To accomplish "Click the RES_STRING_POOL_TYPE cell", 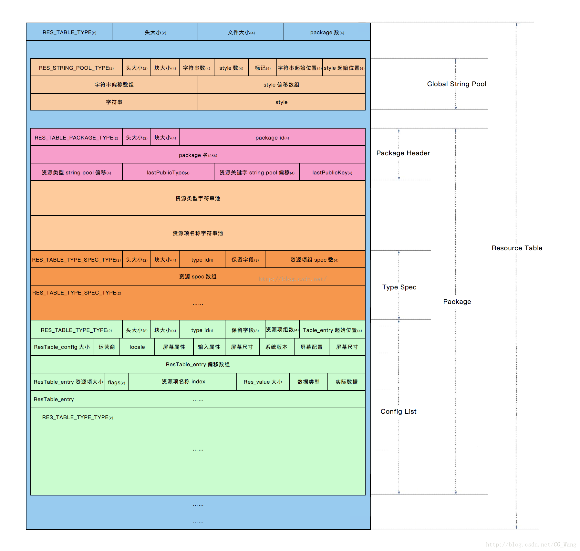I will pos(76,68).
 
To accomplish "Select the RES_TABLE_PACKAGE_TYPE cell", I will pos(76,138).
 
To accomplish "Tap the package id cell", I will pos(272,138).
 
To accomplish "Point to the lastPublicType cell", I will pos(168,172).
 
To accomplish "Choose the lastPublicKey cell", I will pos(332,172).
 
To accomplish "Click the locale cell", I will pos(137,347).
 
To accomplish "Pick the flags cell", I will pos(116,382).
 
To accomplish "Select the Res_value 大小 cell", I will pos(263,382).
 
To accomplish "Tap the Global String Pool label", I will pos(456,84).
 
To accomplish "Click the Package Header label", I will pos(403,153).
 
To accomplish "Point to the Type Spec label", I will pos(399,287).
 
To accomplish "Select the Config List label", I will pos(399,411).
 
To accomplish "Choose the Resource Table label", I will pos(517,248).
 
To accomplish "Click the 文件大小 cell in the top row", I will pos(241,32).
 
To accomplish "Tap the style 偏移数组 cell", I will pos(281,85).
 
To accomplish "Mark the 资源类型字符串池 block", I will pos(198,198).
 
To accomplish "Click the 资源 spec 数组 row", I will pos(198,276).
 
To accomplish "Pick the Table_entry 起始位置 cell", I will pos(332,330).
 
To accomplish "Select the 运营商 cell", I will pos(107,347).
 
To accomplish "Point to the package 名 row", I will pos(198,155).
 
